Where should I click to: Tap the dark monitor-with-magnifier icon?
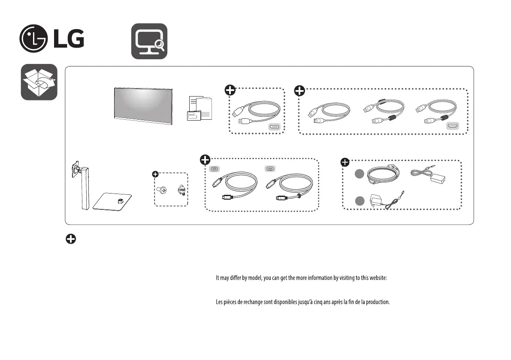point(149,41)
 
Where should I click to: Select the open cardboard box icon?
point(39,82)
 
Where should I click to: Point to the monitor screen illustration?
point(143,106)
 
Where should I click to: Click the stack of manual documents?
point(200,109)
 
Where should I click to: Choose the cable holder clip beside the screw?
point(181,190)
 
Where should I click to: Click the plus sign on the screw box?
point(155,174)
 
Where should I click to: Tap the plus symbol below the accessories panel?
point(71,240)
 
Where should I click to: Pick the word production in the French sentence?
point(376,302)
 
